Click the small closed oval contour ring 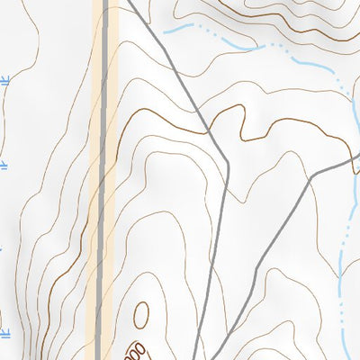click(x=141, y=314)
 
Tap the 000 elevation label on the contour click(x=135, y=350)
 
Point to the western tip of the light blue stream click(x=165, y=27)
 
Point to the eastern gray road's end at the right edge click(x=358, y=158)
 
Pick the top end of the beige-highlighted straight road click(x=104, y=3)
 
